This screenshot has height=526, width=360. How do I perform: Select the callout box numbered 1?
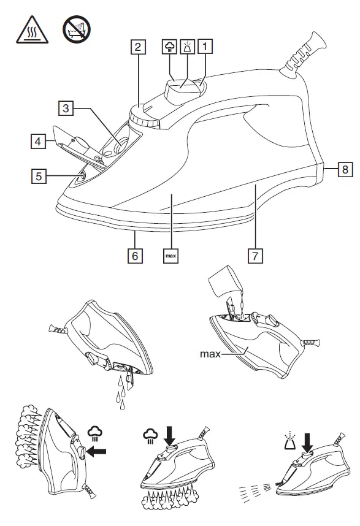pos(207,46)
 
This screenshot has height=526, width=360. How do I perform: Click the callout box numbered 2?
pos(140,47)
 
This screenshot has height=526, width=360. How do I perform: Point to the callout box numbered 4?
pos(39,141)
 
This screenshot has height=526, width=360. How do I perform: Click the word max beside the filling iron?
pos(210,354)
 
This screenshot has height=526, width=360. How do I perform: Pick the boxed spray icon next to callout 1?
pos(188,46)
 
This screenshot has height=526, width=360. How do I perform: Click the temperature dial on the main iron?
pos(145,116)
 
